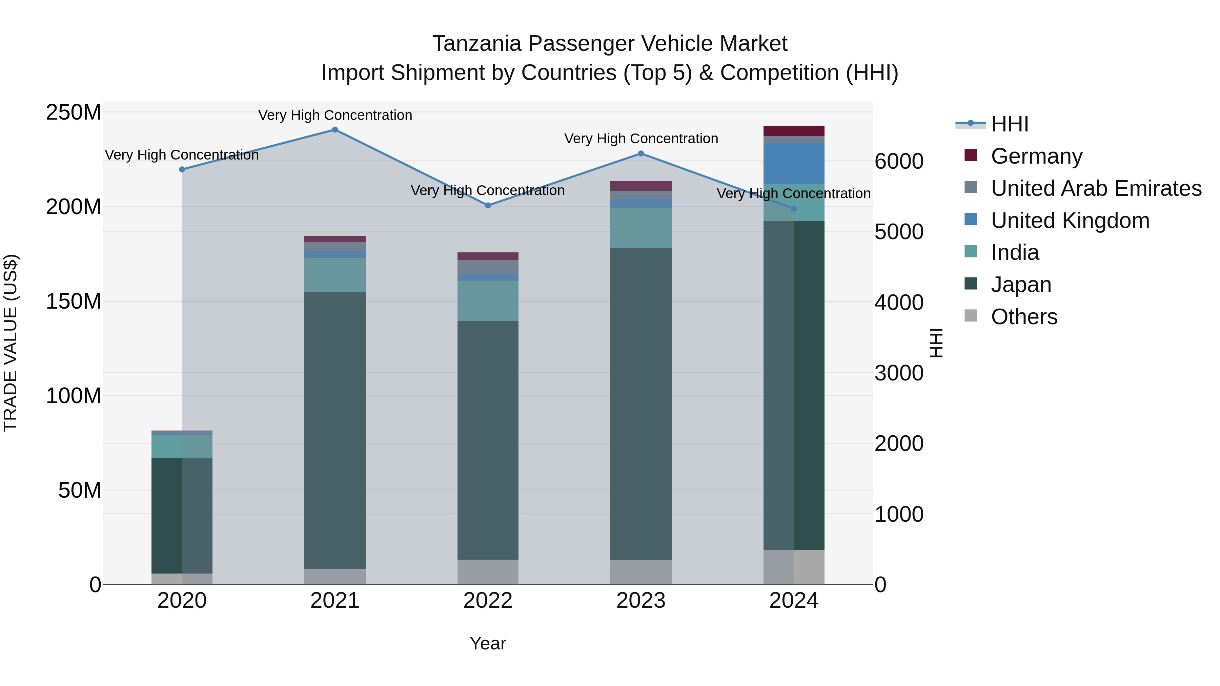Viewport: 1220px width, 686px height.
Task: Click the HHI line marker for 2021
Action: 335,130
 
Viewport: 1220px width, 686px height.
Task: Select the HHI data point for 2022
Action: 488,206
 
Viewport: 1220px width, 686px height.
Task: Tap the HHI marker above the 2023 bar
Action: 641,153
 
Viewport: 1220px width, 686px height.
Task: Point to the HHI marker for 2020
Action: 182,169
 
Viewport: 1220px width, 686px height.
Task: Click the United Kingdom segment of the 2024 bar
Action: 794,163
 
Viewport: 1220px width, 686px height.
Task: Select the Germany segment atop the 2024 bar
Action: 794,131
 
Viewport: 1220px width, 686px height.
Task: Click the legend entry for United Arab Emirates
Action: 1096,188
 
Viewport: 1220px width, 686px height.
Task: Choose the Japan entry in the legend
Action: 1021,285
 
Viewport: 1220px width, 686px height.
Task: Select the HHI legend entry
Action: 1009,124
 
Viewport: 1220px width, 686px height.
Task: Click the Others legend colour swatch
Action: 971,316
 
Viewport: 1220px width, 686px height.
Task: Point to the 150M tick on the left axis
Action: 74,302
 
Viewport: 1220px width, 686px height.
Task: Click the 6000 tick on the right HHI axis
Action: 898,162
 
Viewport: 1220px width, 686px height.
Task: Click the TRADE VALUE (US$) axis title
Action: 11,343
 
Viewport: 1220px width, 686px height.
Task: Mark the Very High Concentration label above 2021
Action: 335,116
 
